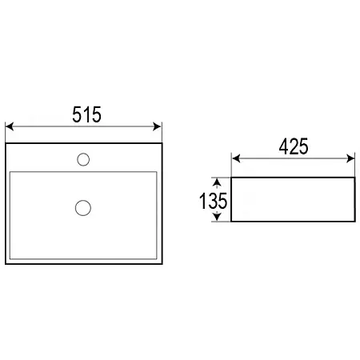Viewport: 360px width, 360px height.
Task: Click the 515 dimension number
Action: pyautogui.click(x=87, y=114)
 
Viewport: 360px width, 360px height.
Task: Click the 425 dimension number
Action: pyautogui.click(x=294, y=146)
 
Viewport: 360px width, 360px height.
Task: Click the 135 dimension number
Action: pyautogui.click(x=214, y=201)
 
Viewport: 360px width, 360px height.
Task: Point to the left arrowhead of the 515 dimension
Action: pyautogui.click(x=10, y=126)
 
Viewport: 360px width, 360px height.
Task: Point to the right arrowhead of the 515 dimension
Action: pyautogui.click(x=157, y=126)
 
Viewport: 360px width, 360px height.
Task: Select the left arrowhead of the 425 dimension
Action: pyautogui.click(x=236, y=158)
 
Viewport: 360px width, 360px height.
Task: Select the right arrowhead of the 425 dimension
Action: pyautogui.click(x=350, y=158)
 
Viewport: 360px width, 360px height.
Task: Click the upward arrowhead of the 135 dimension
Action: pyautogui.click(x=217, y=182)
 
